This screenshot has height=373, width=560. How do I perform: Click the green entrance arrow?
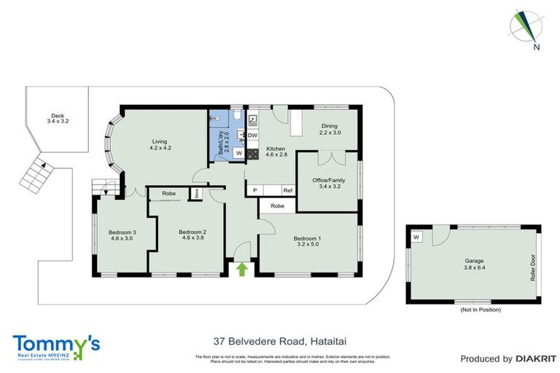tap(242, 270)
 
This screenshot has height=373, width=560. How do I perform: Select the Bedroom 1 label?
tap(306, 241)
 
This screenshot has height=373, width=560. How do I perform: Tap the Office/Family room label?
tap(326, 183)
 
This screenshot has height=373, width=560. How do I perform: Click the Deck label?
tap(57, 117)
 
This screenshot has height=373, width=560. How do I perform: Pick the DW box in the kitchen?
tap(252, 136)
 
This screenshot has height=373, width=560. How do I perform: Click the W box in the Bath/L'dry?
tap(238, 153)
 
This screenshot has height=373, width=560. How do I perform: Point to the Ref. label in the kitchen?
tap(288, 190)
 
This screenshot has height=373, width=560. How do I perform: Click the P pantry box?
tap(254, 190)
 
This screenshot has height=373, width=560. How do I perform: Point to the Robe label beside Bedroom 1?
tap(277, 206)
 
